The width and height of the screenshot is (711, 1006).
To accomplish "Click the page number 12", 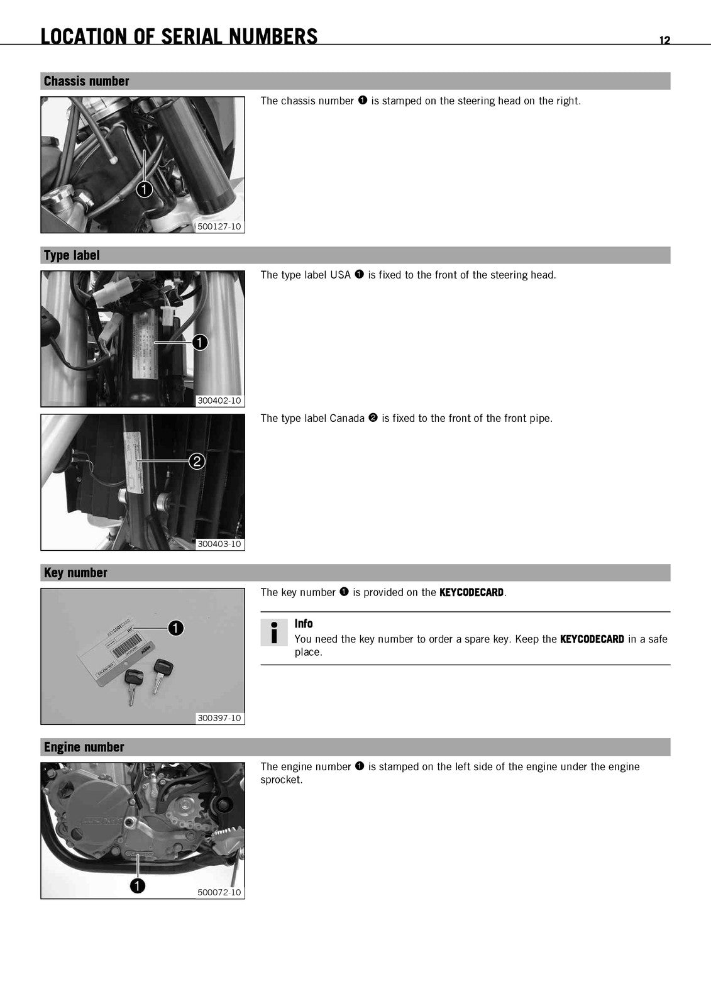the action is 664,40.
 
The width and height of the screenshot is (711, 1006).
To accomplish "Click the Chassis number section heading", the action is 86,81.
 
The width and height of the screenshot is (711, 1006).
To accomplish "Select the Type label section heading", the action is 72,255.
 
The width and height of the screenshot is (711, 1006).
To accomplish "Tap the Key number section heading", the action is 75,573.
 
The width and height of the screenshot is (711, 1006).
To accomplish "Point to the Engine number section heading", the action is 84,747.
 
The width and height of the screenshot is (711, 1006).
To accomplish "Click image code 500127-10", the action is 219,226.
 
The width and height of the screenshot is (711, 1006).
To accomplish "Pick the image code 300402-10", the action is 219,400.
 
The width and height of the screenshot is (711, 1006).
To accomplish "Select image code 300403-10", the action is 219,544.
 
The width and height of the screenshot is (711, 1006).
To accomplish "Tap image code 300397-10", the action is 219,717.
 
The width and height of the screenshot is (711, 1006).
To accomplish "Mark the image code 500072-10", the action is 219,892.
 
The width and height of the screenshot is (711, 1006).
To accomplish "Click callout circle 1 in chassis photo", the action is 144,189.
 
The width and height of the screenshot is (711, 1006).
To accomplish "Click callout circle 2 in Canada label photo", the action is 197,462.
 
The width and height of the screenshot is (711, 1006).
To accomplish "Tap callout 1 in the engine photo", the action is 138,886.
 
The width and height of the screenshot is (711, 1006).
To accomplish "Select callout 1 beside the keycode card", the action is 175,628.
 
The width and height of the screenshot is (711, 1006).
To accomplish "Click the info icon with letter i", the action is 274,633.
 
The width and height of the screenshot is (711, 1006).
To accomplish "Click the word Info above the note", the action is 304,623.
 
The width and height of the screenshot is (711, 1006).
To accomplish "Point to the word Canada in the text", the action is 347,419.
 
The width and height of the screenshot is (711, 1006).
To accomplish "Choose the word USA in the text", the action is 341,275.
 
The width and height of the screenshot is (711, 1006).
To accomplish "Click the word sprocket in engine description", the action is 281,780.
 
